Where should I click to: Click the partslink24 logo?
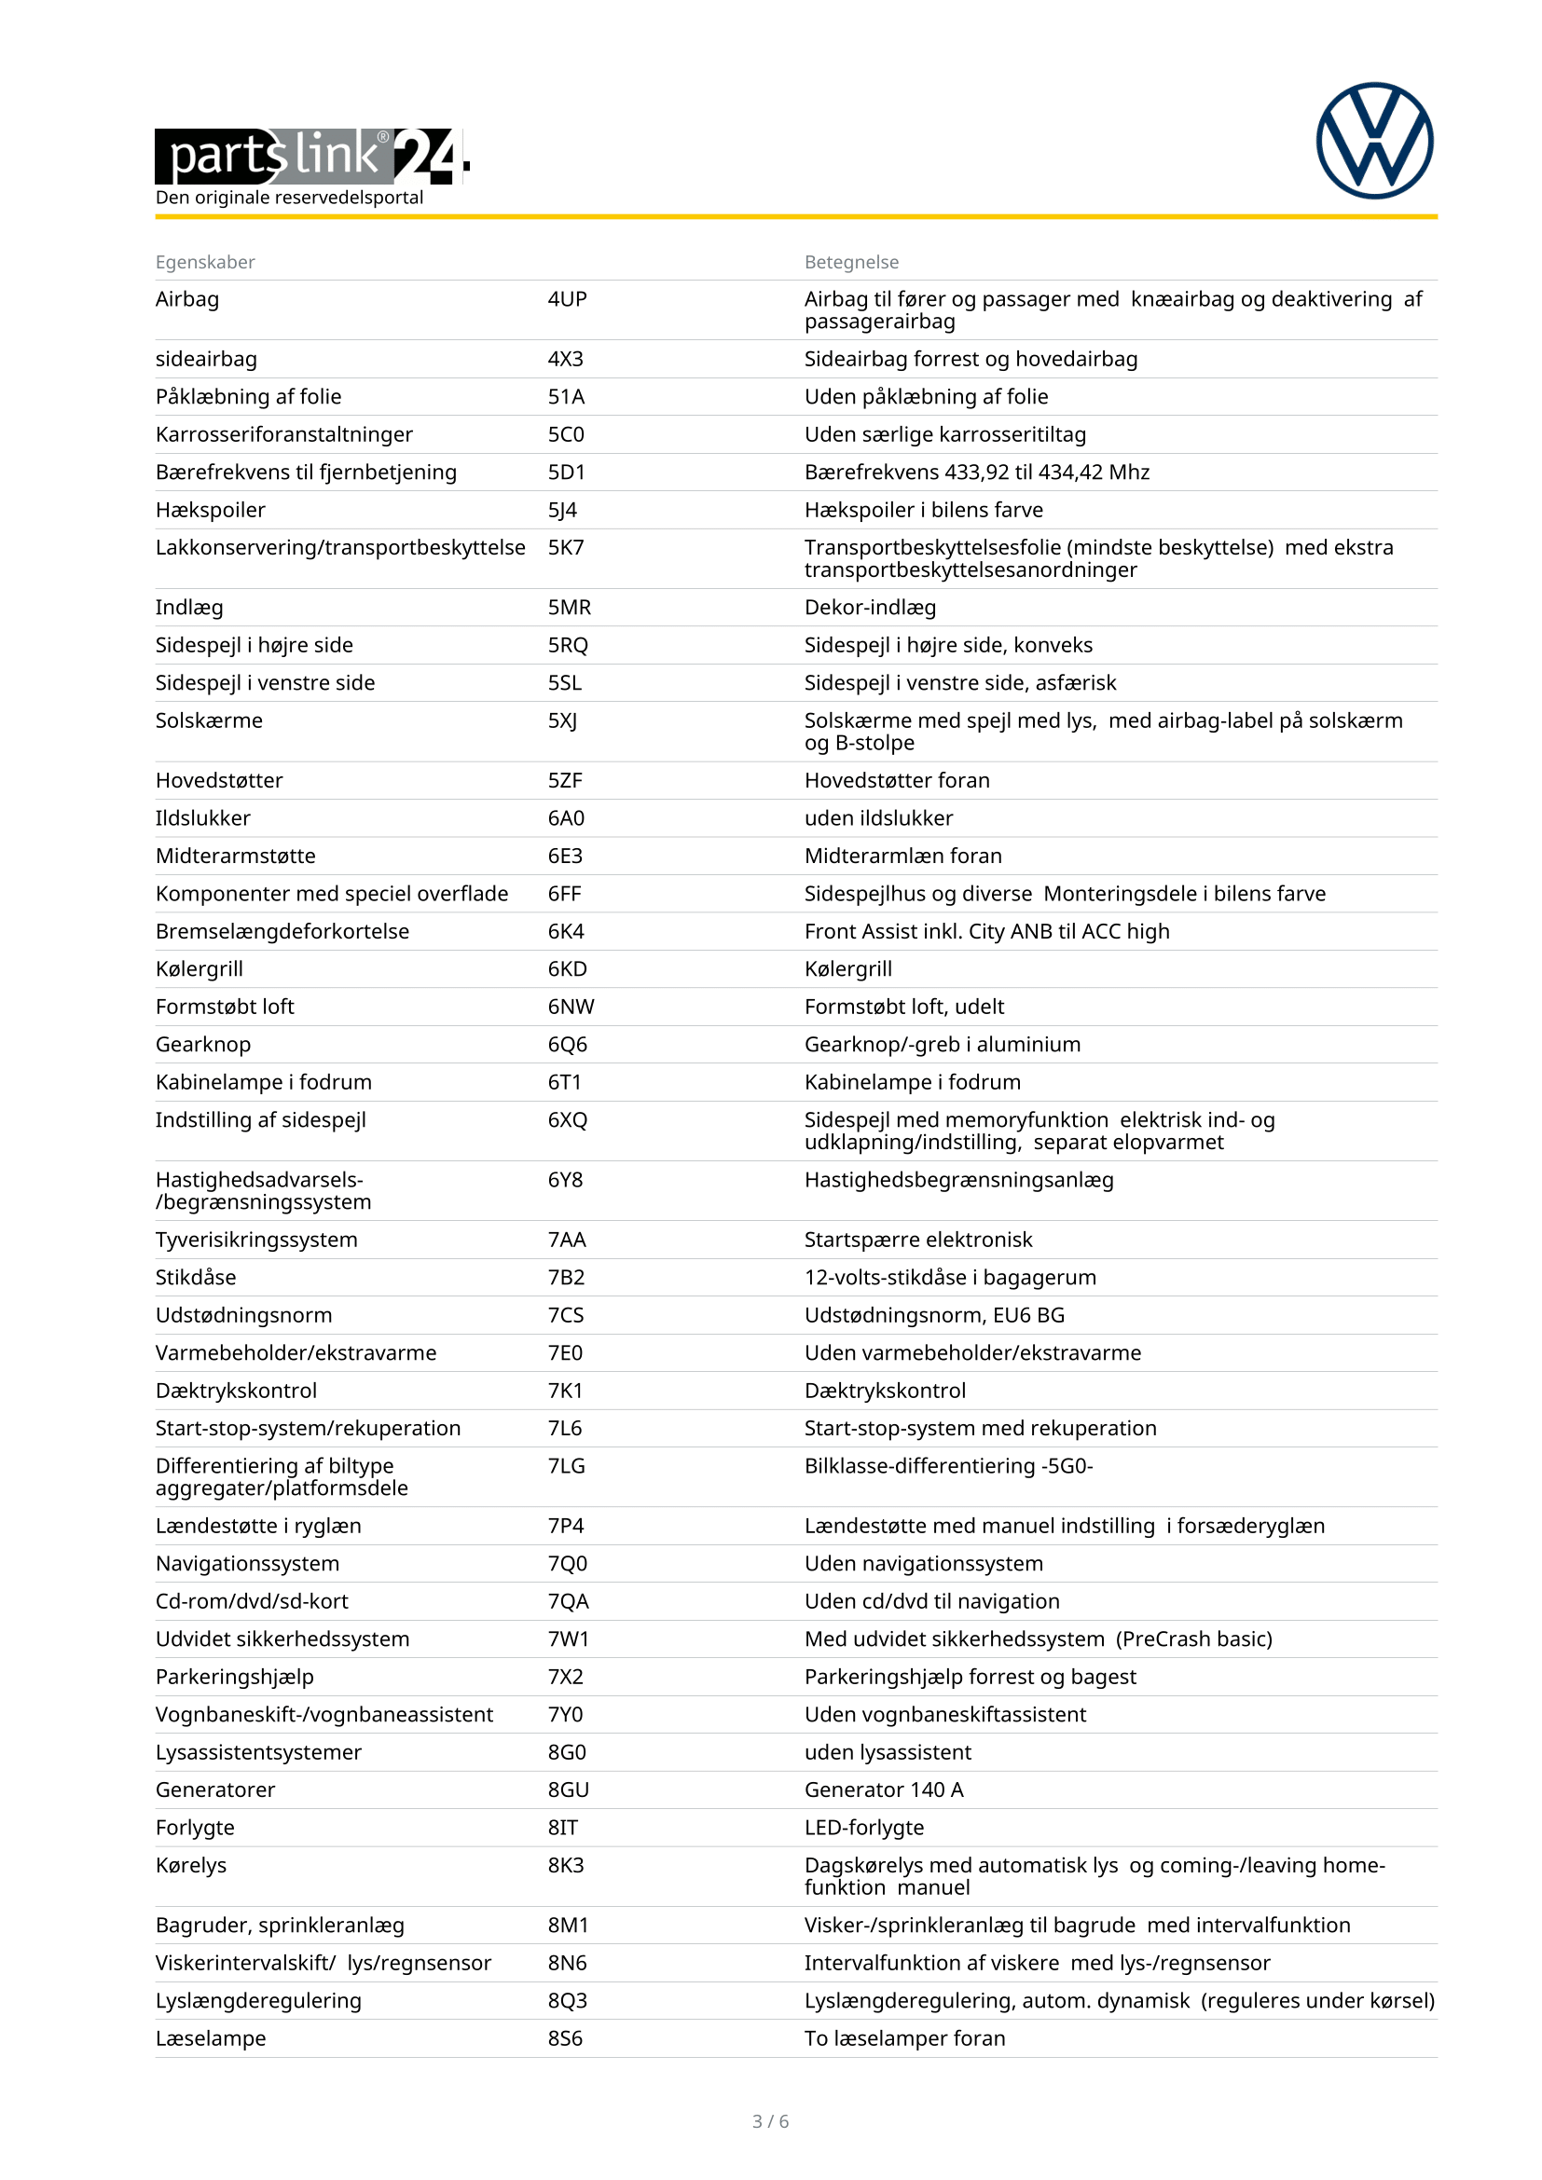click(311, 156)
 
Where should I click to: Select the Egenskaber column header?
click(205, 262)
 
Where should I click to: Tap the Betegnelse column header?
click(851, 262)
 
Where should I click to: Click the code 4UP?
click(567, 299)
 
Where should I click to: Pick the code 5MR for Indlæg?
click(569, 608)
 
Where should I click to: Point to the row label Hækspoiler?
click(210, 510)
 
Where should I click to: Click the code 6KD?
click(567, 968)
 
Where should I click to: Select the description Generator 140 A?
click(883, 1789)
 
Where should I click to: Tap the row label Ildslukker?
click(202, 818)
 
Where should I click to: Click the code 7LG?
click(566, 1466)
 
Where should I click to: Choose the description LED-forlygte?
click(863, 1828)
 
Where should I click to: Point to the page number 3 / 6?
click(770, 2121)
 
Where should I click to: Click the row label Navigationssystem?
click(247, 1564)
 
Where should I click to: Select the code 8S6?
click(565, 2038)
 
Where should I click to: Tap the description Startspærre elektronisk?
click(917, 1240)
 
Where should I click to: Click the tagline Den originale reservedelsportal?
click(289, 198)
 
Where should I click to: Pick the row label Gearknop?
click(202, 1045)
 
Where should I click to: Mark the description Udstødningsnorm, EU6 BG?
click(933, 1315)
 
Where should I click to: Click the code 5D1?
click(566, 472)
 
